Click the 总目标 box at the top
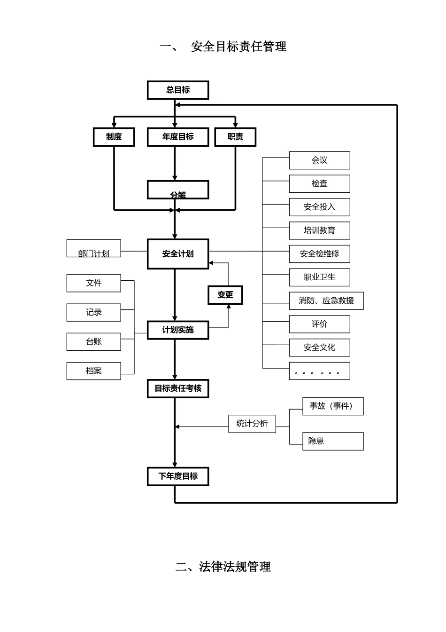[x=178, y=90]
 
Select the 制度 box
[x=114, y=137]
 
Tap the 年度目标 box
[x=178, y=137]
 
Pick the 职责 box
[x=235, y=137]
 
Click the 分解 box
[x=178, y=190]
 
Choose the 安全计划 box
[x=178, y=254]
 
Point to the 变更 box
[x=225, y=295]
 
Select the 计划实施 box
[x=178, y=330]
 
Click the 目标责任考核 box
[x=178, y=388]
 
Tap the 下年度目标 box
[x=178, y=476]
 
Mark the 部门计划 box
[x=94, y=248]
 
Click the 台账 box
[x=94, y=342]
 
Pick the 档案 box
[x=94, y=371]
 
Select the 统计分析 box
[x=252, y=424]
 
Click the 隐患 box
[x=333, y=441]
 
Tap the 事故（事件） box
[x=333, y=406]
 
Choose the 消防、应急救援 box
[x=326, y=301]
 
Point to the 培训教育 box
[x=319, y=230]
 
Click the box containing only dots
[x=319, y=371]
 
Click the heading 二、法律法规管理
[x=223, y=567]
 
